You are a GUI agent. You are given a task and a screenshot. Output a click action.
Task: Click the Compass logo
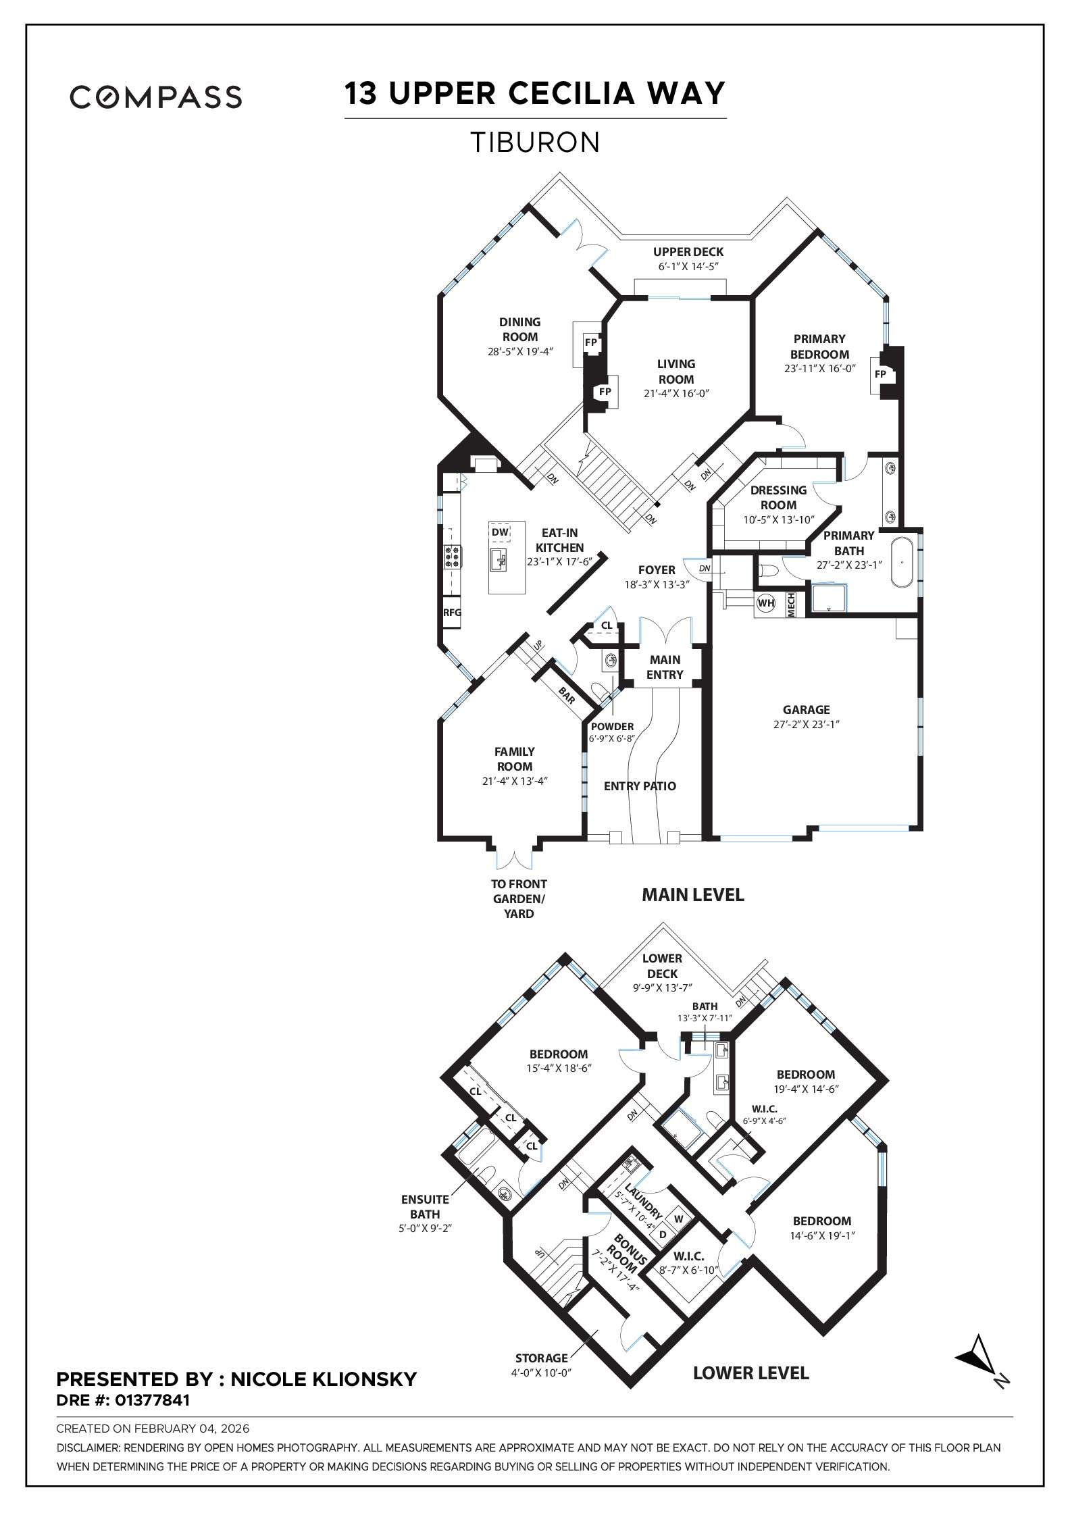pos(156,97)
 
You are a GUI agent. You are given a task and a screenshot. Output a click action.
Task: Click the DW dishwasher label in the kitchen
pos(500,532)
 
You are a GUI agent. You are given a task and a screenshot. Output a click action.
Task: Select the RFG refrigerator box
pos(452,613)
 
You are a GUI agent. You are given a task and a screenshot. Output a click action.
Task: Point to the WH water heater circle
pos(765,603)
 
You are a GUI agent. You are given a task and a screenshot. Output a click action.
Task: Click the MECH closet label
pos(791,605)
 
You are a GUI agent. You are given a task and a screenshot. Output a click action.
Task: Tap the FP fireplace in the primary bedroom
pos(880,374)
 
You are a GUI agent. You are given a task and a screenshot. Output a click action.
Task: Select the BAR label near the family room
pos(566,695)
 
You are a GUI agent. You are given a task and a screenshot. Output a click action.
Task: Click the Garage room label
pos(806,709)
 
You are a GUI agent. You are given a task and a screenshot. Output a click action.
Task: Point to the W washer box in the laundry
pos(679,1219)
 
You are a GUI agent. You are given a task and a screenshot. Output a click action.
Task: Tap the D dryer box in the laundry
pos(663,1234)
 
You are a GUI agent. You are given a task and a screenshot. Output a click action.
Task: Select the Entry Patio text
pos(639,786)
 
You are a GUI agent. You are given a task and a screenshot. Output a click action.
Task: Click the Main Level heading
pos(692,895)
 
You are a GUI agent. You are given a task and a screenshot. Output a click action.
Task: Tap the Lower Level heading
pos(750,1373)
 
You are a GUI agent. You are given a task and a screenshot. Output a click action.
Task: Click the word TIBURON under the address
pos(534,143)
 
